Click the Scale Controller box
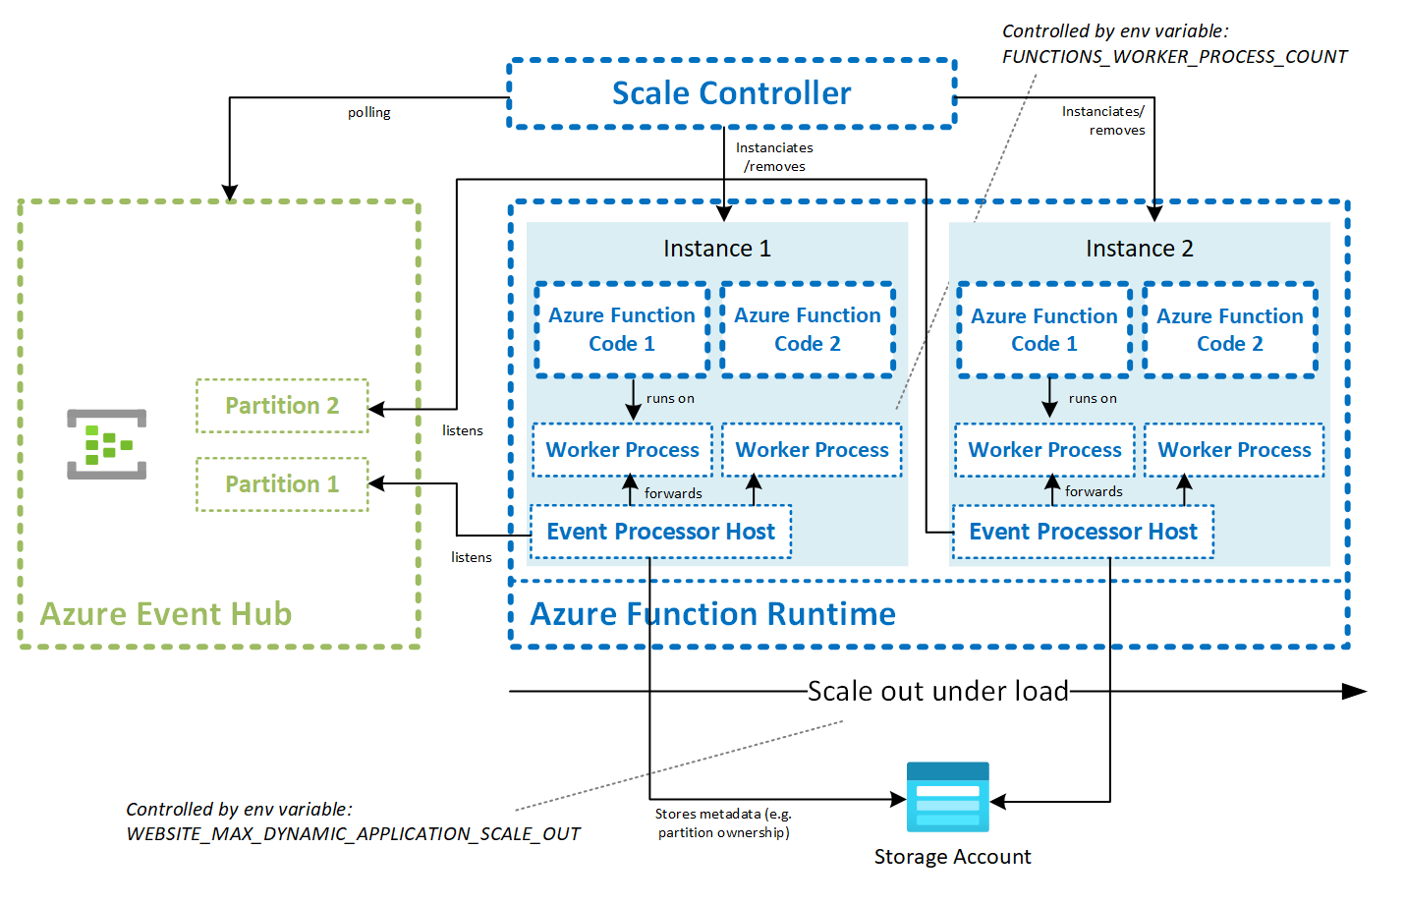[x=731, y=93]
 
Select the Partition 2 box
[x=282, y=406]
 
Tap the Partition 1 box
[x=282, y=484]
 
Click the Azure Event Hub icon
[x=107, y=444]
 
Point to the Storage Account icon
[x=947, y=797]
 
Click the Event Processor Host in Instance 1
[x=660, y=532]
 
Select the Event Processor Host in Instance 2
[x=1083, y=532]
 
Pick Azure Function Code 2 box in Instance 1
[x=808, y=329]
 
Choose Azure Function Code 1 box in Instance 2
[x=1043, y=329]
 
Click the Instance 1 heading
[x=717, y=249]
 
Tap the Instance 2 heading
[x=1140, y=249]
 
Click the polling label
[x=368, y=113]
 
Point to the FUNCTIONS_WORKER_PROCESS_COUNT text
[x=1174, y=57]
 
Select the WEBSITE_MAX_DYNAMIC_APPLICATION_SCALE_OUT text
[x=353, y=834]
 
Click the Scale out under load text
[x=937, y=692]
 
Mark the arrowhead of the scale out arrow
[x=1355, y=692]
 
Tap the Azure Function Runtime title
[x=712, y=614]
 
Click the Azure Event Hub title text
[x=165, y=614]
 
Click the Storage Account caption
[x=952, y=857]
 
